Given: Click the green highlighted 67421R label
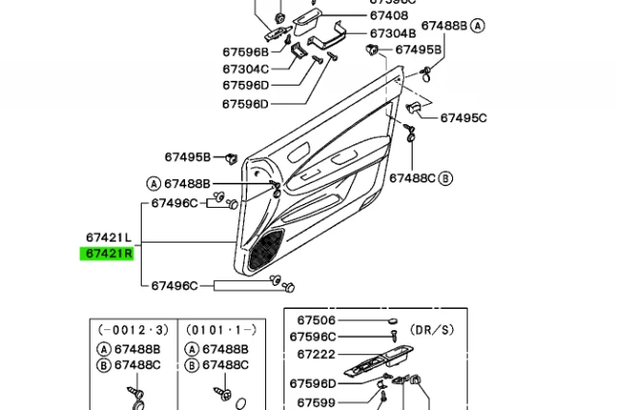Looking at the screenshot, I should point(109,254).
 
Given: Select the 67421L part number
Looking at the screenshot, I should point(109,237).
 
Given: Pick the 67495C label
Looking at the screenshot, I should point(464,117).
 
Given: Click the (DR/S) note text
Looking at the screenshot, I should point(433,329).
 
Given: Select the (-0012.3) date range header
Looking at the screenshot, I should point(128,329).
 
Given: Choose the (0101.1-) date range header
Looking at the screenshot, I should point(217,329).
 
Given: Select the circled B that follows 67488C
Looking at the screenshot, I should point(446,178).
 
